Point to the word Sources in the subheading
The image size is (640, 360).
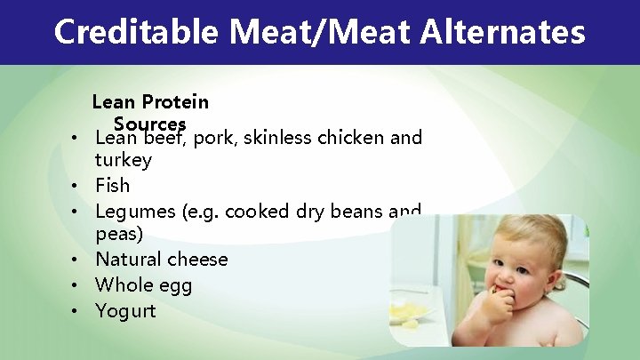[149, 123]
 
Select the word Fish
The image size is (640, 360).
[112, 186]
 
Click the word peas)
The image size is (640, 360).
[119, 236]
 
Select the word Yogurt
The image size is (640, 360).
[125, 311]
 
